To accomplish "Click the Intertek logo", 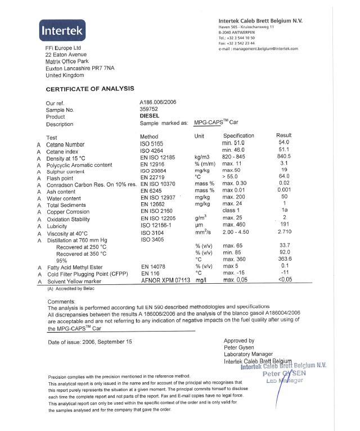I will (x=63, y=30).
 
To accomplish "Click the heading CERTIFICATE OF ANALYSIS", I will (x=90, y=89).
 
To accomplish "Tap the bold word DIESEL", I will (x=150, y=117).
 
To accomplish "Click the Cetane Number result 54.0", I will (x=284, y=143).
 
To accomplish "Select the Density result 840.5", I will (x=284, y=158).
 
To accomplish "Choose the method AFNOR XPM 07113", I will (x=165, y=280).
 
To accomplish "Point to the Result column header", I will (x=284, y=136).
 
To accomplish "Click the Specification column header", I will (x=238, y=136).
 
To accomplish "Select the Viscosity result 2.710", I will (x=285, y=232).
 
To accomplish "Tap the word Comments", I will (x=63, y=301).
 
